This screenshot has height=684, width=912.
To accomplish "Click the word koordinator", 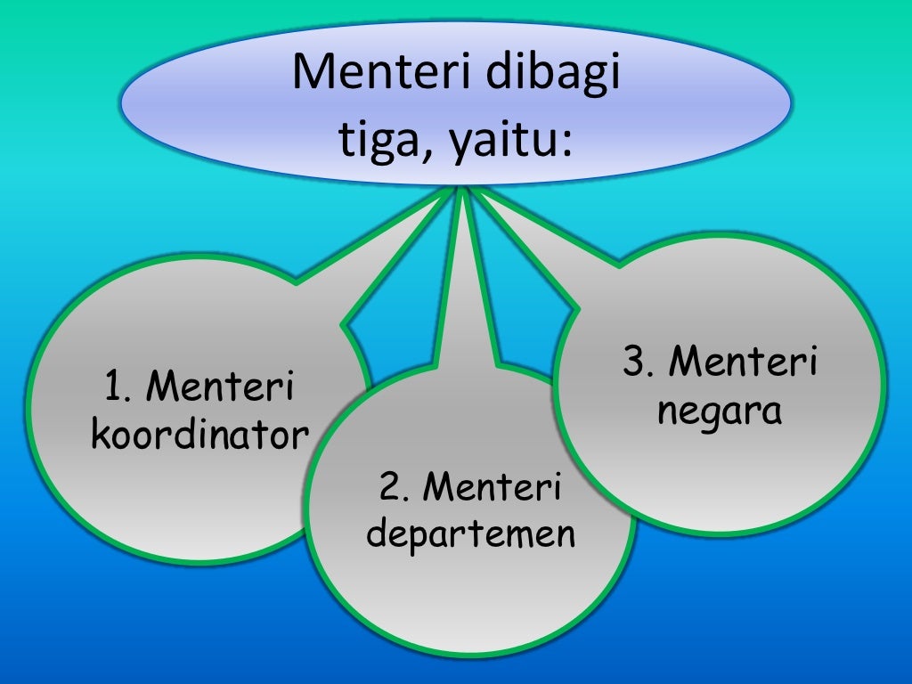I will click(199, 436).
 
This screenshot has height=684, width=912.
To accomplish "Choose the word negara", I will click(719, 411).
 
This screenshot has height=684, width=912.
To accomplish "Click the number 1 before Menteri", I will click(113, 387).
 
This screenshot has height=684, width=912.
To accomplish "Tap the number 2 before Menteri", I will click(388, 488).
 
